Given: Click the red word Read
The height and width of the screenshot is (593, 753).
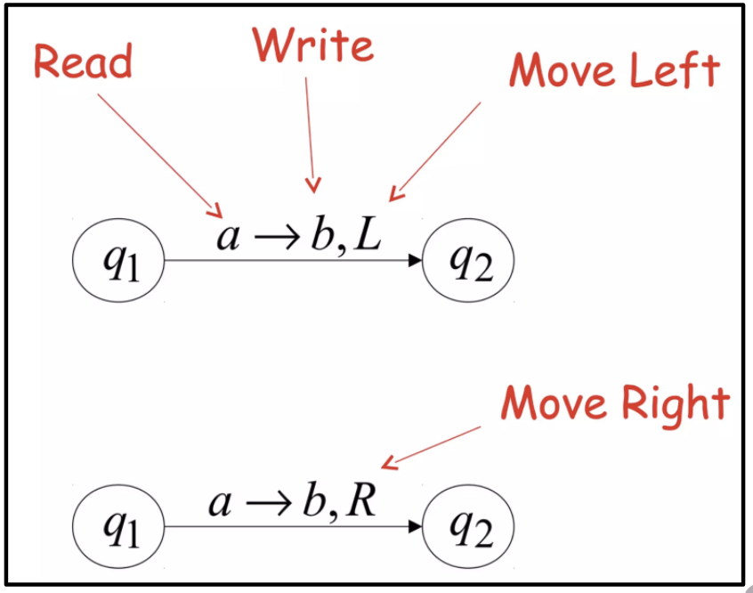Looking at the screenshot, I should tap(83, 61).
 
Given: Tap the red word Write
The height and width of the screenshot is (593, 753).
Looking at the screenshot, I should tap(312, 44).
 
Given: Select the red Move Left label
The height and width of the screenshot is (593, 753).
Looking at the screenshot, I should tap(614, 69).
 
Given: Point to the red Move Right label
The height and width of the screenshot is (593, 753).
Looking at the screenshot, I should tap(615, 402).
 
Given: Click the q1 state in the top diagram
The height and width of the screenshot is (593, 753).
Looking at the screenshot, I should tap(118, 263).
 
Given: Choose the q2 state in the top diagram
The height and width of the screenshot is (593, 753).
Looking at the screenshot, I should tap(468, 263).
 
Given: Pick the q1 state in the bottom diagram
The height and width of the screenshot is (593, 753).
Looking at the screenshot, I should tap(118, 528).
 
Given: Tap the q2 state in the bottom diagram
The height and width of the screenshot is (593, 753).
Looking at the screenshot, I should tap(468, 528).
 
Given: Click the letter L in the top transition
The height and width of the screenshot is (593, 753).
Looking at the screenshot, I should tap(365, 235).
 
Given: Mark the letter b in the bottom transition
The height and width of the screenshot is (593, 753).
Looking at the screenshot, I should tap(312, 500).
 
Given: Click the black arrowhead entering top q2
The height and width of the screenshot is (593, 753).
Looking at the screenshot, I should tap(414, 262).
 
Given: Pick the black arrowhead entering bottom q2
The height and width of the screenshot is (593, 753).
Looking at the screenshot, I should tap(414, 527).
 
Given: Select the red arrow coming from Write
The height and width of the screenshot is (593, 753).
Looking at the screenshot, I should tap(309, 134).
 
